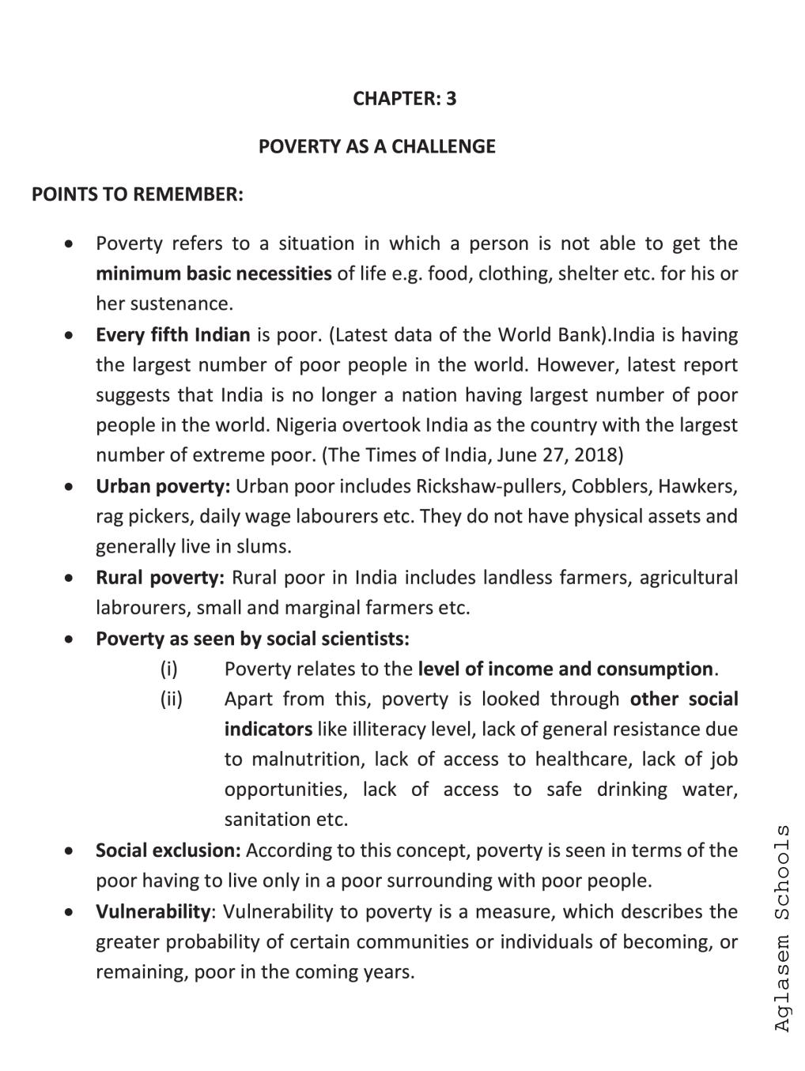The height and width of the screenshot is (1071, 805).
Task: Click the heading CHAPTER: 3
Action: (x=404, y=99)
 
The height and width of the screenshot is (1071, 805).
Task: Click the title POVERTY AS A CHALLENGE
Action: (x=376, y=147)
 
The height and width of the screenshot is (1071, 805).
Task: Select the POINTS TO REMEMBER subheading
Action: (x=138, y=194)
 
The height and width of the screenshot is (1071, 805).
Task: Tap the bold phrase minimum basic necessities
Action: (x=214, y=274)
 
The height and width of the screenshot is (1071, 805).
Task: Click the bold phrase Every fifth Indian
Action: (x=172, y=335)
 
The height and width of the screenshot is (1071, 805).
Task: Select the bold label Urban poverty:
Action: (x=163, y=486)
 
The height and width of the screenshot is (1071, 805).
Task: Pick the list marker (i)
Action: (x=169, y=669)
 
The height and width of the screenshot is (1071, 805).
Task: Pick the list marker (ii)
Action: (x=171, y=700)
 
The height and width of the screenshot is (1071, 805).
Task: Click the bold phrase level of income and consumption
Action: (x=565, y=669)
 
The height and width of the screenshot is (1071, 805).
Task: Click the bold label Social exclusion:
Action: (x=168, y=851)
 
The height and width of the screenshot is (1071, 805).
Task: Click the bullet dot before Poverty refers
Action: (x=70, y=243)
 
